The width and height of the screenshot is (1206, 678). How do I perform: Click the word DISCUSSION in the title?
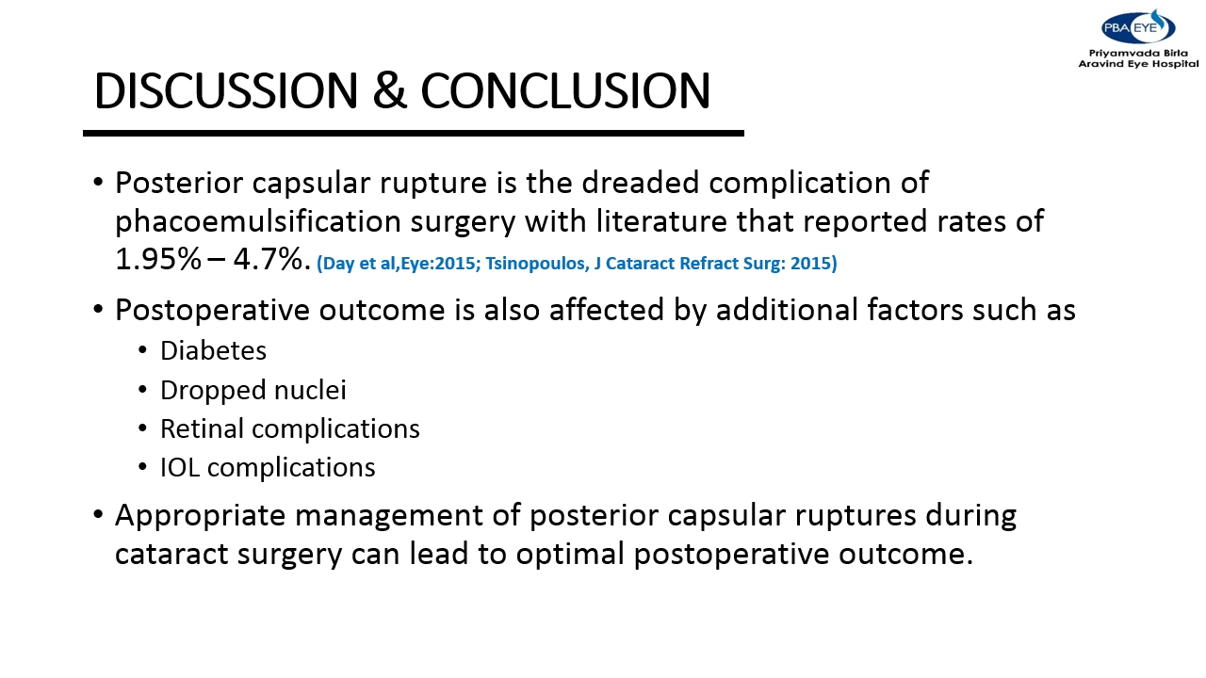point(226,90)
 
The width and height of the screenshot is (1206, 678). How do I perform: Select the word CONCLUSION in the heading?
point(565,90)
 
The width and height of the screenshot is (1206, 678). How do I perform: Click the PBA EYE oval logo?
point(1137,27)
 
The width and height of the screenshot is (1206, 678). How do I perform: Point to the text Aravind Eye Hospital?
point(1139,63)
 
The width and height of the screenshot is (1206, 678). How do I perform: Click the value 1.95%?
point(157,259)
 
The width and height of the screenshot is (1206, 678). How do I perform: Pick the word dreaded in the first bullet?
point(641,183)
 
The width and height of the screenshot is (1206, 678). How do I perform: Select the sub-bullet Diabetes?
point(213,351)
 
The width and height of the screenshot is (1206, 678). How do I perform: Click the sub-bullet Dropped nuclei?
point(253,391)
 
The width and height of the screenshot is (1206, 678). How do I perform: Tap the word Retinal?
point(202,428)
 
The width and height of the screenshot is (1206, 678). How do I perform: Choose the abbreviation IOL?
point(180,468)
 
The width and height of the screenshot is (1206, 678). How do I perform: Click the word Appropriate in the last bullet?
point(201,516)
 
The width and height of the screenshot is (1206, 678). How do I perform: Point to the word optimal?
point(570,555)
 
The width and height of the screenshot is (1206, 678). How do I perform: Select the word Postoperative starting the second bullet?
point(213,311)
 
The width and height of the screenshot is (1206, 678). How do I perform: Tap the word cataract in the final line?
point(171,555)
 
